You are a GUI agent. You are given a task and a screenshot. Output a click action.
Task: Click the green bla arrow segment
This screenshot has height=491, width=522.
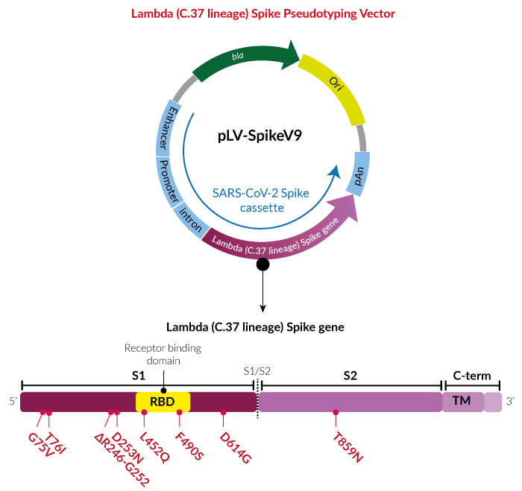[245, 59]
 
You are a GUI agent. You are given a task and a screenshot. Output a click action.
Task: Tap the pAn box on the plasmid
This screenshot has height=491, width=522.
[358, 174]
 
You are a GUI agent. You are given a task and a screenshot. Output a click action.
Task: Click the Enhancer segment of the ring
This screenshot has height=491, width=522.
[166, 128]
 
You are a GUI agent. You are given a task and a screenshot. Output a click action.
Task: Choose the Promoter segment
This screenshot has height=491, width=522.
[169, 182]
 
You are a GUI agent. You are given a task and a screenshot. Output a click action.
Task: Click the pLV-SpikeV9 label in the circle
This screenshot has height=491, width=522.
[260, 136]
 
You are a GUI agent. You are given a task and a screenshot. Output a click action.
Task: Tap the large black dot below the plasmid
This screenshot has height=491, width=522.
[262, 264]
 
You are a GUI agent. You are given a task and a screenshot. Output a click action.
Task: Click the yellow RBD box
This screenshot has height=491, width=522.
[163, 402]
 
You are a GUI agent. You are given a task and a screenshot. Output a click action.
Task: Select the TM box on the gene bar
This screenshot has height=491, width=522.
[463, 402]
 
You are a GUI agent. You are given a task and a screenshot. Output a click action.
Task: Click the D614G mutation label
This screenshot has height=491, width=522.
[236, 448]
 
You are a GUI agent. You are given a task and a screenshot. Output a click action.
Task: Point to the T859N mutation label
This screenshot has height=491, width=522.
[348, 448]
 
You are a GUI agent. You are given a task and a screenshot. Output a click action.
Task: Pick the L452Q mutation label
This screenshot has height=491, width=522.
[154, 448]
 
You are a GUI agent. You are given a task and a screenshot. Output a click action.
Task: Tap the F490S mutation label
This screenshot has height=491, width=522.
[189, 446]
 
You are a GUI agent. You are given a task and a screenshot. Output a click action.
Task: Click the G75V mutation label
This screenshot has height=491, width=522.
[40, 445]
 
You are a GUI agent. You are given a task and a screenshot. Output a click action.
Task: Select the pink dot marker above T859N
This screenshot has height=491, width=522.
[336, 413]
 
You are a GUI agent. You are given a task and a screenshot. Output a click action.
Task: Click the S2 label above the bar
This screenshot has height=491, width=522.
[350, 376]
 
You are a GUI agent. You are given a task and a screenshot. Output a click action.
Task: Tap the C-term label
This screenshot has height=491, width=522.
[472, 376]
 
